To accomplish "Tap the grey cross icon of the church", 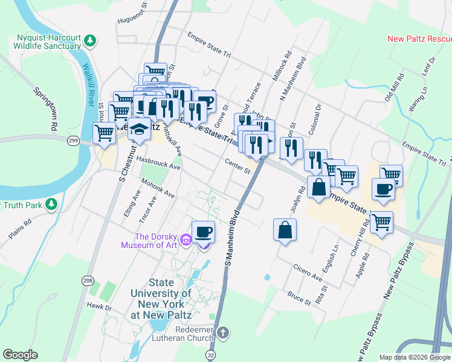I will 223,332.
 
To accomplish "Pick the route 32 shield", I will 210,354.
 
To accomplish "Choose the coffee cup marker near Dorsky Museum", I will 204,231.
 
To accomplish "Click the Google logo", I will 20,355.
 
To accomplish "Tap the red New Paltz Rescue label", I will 419,39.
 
